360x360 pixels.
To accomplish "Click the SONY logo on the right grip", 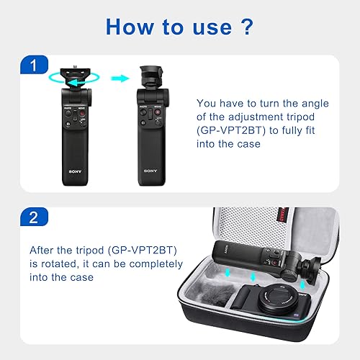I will point(149,171).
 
